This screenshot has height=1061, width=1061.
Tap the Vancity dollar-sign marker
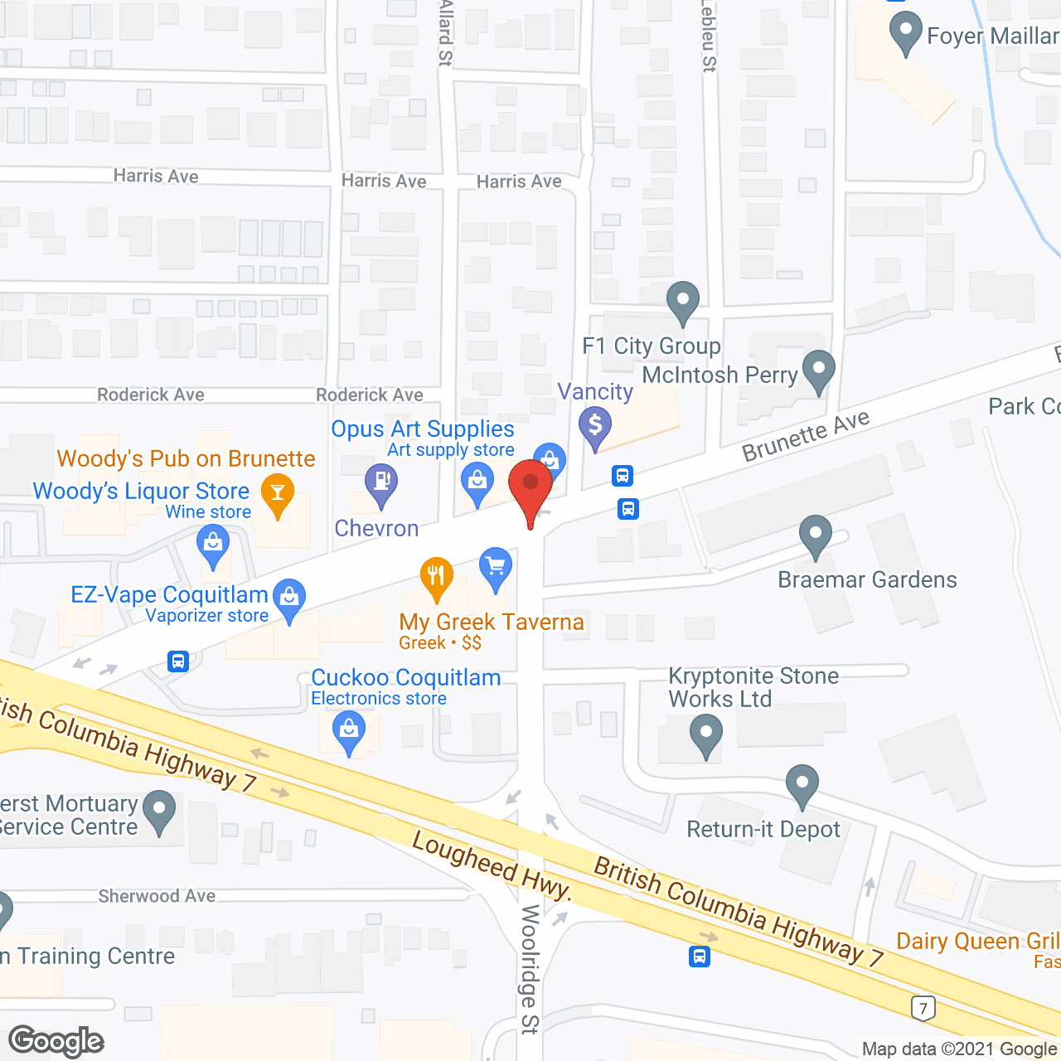(x=595, y=426)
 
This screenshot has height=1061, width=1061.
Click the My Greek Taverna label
(x=492, y=622)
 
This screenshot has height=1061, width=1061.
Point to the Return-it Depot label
(x=763, y=829)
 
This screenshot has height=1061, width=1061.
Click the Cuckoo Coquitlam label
(x=406, y=677)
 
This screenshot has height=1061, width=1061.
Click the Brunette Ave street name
(x=806, y=436)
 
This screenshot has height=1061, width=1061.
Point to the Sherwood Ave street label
(x=157, y=896)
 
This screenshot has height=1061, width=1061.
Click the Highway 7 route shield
(x=923, y=1008)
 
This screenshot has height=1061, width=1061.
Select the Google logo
(x=56, y=1041)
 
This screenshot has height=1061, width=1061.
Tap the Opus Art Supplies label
(x=423, y=429)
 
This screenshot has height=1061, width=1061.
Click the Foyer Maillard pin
(x=905, y=31)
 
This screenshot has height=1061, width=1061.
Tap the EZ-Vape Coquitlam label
(x=169, y=594)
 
